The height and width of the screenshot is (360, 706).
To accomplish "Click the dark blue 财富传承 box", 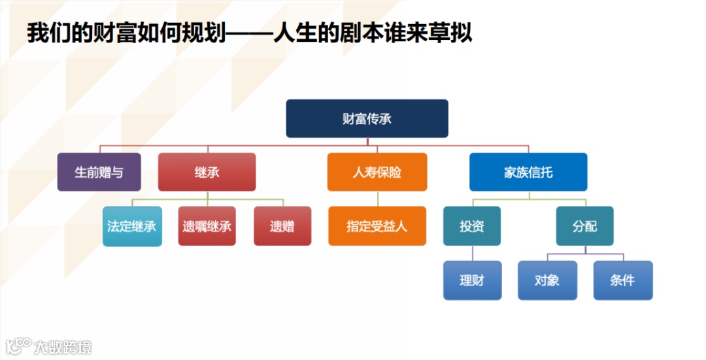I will [x=367, y=118].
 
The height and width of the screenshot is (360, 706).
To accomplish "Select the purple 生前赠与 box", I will [x=99, y=172].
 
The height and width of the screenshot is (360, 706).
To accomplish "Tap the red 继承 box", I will [x=207, y=172].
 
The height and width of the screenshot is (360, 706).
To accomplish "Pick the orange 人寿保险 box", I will [x=377, y=172].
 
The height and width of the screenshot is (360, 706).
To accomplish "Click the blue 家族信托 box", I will [x=528, y=172].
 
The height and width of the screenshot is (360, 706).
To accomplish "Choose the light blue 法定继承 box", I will [x=132, y=226].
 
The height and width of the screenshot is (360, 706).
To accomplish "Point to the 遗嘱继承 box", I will [x=207, y=226].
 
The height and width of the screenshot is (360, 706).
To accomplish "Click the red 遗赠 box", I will [x=282, y=226].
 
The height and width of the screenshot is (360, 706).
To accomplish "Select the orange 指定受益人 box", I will [x=377, y=226].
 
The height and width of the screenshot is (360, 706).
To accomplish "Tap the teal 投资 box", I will [x=471, y=226].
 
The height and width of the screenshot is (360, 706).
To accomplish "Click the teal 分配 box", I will [x=584, y=226].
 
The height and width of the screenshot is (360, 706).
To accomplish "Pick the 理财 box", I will [x=472, y=280].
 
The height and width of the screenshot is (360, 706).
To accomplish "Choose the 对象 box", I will [x=547, y=280].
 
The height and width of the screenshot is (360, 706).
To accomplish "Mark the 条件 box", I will [x=622, y=280].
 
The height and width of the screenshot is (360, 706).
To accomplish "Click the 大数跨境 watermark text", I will [x=63, y=347].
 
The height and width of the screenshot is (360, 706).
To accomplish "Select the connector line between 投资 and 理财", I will [x=471, y=254].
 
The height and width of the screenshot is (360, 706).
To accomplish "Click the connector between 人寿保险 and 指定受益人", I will [x=377, y=199].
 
